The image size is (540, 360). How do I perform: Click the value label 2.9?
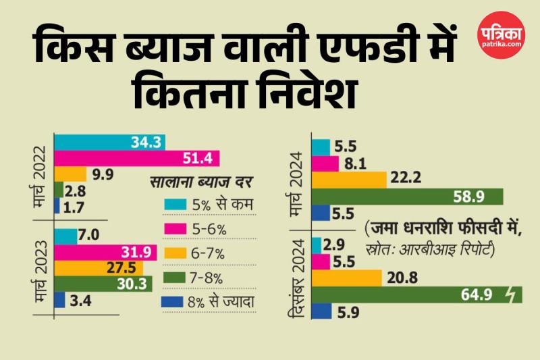pyautogui.click(x=340, y=245)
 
